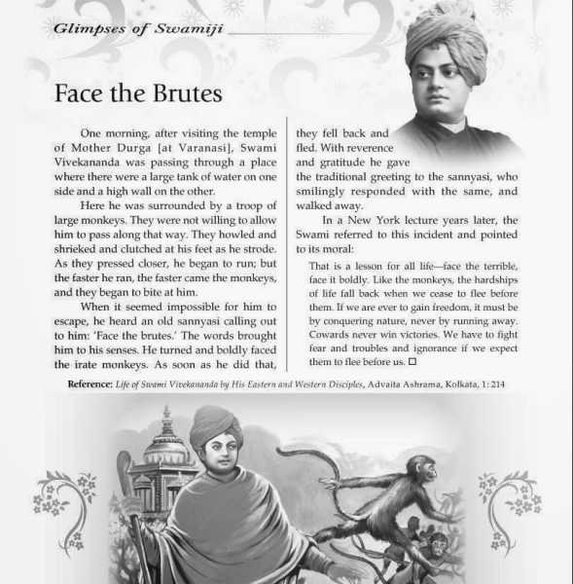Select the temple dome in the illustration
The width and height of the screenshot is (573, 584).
[x=164, y=443]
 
